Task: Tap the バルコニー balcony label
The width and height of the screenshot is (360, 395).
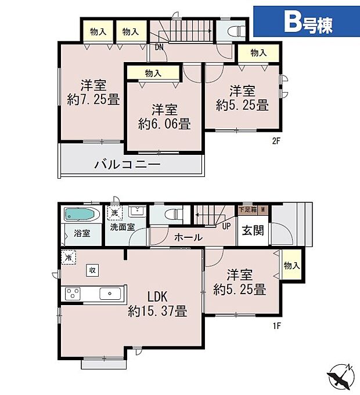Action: [127, 165]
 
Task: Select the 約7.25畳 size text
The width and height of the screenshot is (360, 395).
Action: [93, 100]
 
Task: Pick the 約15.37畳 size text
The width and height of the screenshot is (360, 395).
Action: [157, 311]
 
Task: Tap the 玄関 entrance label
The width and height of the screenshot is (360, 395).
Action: [253, 230]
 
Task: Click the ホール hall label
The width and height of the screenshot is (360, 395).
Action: [188, 237]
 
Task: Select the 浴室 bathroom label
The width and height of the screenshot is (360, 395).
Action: [82, 234]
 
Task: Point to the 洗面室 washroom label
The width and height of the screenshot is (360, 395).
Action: [123, 227]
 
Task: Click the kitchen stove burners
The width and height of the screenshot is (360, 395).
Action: [73, 293]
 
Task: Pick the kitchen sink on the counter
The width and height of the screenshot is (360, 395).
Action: [109, 293]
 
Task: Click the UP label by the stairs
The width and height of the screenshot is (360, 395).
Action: [225, 225]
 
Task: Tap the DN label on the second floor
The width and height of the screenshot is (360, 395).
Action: [159, 48]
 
